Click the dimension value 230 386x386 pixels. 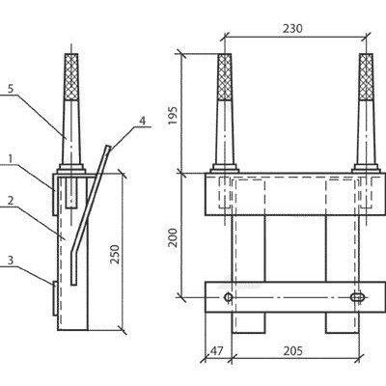click(292, 29)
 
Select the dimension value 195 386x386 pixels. click(173, 116)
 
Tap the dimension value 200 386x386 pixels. click(173, 237)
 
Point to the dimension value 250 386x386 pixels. click(115, 254)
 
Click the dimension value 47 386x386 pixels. click(216, 350)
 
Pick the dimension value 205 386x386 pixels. click(292, 350)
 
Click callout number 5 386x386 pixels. click(11, 89)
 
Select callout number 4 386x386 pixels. click(142, 121)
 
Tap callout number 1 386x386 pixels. click(11, 158)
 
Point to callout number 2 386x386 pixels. click(11, 201)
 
